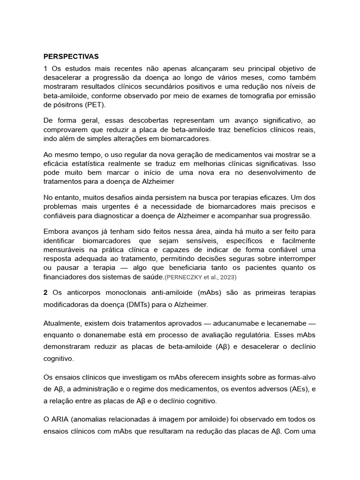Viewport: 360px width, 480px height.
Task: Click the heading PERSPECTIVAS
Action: pyautogui.click(x=71, y=57)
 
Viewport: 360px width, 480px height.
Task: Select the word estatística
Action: pyautogui.click(x=90, y=164)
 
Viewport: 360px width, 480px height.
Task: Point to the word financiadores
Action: pyautogui.click(x=67, y=277)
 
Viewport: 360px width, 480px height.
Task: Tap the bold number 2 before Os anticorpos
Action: pyautogui.click(x=45, y=293)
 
